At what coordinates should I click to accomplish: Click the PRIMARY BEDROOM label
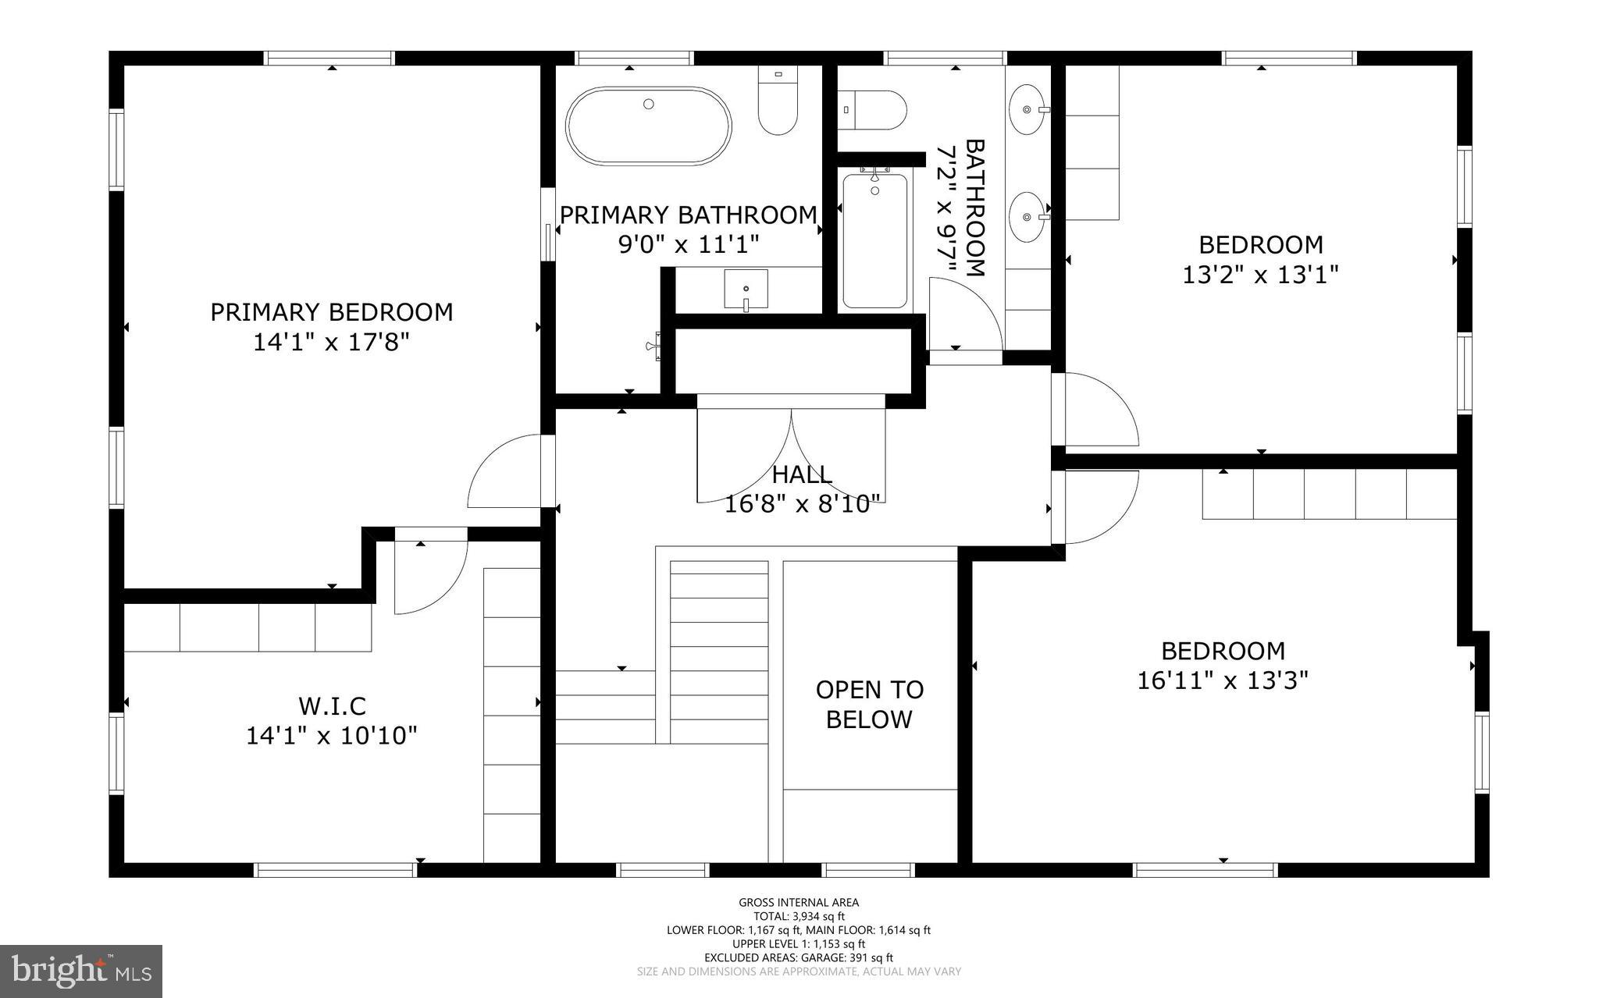pos(331,312)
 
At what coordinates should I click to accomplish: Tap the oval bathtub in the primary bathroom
pos(648,126)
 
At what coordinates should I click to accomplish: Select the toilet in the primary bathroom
pos(778,102)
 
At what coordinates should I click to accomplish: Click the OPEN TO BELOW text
pos(869,705)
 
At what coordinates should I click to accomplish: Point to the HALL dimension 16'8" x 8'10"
pos(803,505)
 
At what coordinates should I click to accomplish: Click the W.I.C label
pos(332,706)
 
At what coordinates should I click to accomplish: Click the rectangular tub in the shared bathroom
pos(874,241)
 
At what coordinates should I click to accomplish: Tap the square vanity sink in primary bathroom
pos(746,289)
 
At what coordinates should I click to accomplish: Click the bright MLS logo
pos(81,971)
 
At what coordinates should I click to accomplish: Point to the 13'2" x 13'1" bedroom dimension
pos(1260,275)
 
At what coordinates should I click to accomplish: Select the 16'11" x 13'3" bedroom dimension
pos(1222,681)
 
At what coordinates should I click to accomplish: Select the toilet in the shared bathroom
pos(874,110)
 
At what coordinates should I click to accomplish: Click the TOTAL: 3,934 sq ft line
pos(799,917)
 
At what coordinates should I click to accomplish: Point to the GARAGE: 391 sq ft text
pos(846,957)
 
